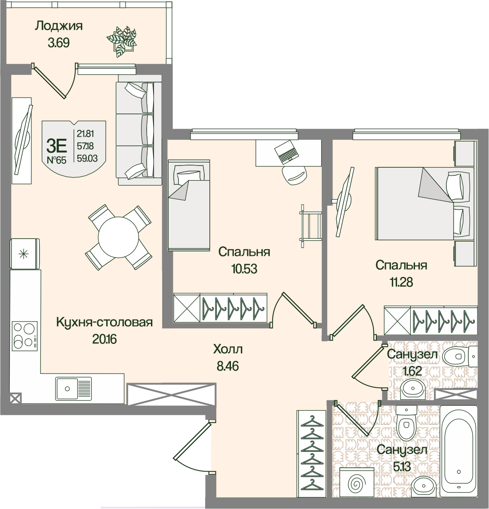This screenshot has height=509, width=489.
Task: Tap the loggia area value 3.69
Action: tap(59, 43)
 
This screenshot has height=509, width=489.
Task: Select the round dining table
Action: tap(118, 236)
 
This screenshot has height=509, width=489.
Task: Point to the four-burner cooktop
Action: tap(25, 336)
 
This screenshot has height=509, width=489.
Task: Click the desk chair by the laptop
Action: tap(294, 175)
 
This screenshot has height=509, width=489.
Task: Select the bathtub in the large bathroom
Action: tap(458, 454)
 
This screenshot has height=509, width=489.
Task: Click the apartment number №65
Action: tap(56, 160)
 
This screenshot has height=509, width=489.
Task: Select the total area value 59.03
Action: tap(87, 158)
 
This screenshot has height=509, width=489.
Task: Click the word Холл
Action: tap(228, 349)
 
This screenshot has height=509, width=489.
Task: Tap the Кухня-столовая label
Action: tap(104, 322)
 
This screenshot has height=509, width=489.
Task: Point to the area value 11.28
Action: tap(401, 282)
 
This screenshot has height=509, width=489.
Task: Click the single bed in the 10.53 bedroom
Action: tap(189, 205)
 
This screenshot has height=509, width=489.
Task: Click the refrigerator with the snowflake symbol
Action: tap(25, 254)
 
